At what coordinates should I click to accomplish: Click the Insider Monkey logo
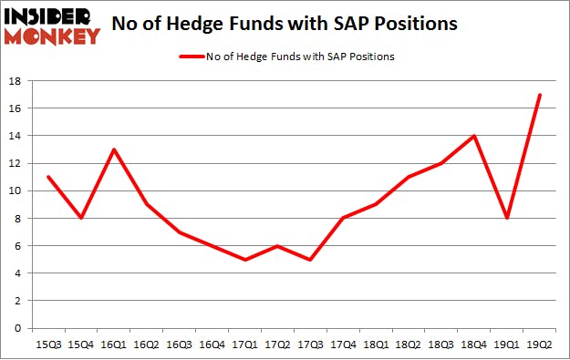click(x=52, y=26)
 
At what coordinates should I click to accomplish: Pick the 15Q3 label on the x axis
click(x=47, y=345)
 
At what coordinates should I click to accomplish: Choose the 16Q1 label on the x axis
click(x=113, y=345)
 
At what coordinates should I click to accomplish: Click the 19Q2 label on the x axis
click(x=540, y=345)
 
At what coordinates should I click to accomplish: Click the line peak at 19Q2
click(x=540, y=95)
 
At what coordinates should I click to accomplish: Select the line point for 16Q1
click(x=113, y=149)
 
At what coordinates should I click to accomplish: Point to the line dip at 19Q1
click(x=507, y=218)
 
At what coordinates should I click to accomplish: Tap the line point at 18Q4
click(x=474, y=136)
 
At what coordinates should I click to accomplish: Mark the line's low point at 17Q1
click(x=244, y=259)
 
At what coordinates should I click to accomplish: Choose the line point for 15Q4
click(x=80, y=218)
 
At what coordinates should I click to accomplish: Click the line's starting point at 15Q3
click(x=47, y=177)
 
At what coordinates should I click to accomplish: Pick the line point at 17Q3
click(x=310, y=259)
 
